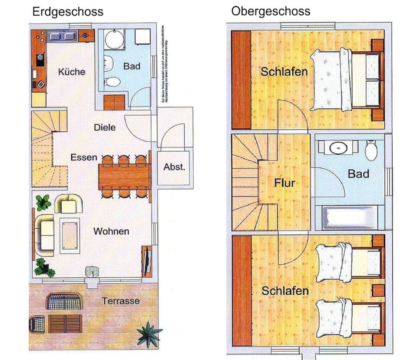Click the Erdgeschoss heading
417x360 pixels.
[68, 11]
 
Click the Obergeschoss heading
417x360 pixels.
[271, 11]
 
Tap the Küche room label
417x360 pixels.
[72, 72]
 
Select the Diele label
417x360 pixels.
[105, 127]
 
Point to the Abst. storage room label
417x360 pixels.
[174, 167]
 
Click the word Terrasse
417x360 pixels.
[121, 301]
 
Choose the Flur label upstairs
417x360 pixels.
[285, 183]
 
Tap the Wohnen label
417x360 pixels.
[111, 231]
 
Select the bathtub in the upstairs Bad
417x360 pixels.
[350, 217]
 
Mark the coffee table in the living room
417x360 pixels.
[69, 235]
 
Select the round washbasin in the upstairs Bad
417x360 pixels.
[338, 148]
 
